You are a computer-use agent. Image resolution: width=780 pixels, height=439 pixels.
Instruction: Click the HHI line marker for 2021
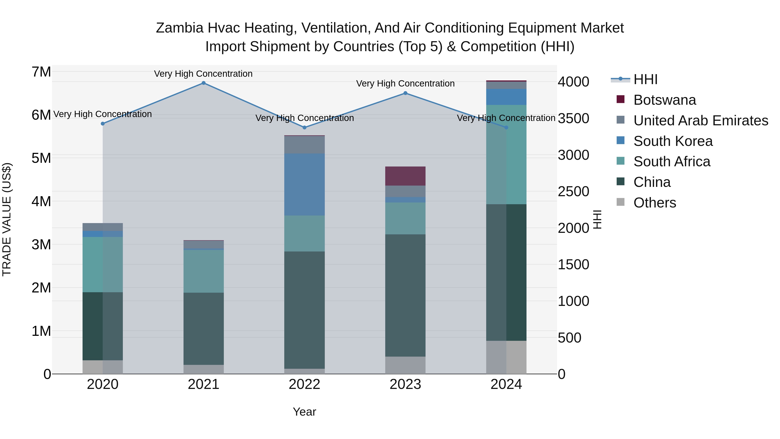[x=203, y=83]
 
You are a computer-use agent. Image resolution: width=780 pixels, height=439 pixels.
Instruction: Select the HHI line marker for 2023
[x=405, y=93]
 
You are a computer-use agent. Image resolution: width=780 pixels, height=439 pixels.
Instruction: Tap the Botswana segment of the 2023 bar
[x=405, y=176]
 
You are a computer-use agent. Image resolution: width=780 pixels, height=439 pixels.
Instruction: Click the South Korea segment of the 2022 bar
[x=304, y=184]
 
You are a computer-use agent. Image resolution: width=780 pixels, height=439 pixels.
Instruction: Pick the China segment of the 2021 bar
[x=203, y=329]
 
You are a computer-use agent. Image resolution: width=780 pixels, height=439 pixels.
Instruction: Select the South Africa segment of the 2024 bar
[x=506, y=155]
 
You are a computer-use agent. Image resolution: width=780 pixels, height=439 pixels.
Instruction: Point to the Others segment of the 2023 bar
[x=405, y=365]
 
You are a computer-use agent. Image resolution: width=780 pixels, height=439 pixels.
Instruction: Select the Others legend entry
[x=654, y=203]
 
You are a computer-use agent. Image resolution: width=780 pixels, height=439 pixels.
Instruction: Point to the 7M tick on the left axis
[x=41, y=72]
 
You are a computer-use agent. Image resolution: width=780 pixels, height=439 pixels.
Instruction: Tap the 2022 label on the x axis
[x=304, y=384]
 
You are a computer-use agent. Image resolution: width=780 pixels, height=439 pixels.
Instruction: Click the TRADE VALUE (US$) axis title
[x=7, y=219]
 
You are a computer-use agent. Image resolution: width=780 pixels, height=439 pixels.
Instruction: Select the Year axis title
[x=304, y=412]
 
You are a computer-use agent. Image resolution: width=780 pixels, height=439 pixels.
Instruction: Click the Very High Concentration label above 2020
[x=103, y=114]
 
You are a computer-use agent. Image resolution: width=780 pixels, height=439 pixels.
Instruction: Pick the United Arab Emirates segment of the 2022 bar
[x=304, y=145]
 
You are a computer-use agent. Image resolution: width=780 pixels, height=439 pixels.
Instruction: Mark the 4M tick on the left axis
[x=41, y=201]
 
